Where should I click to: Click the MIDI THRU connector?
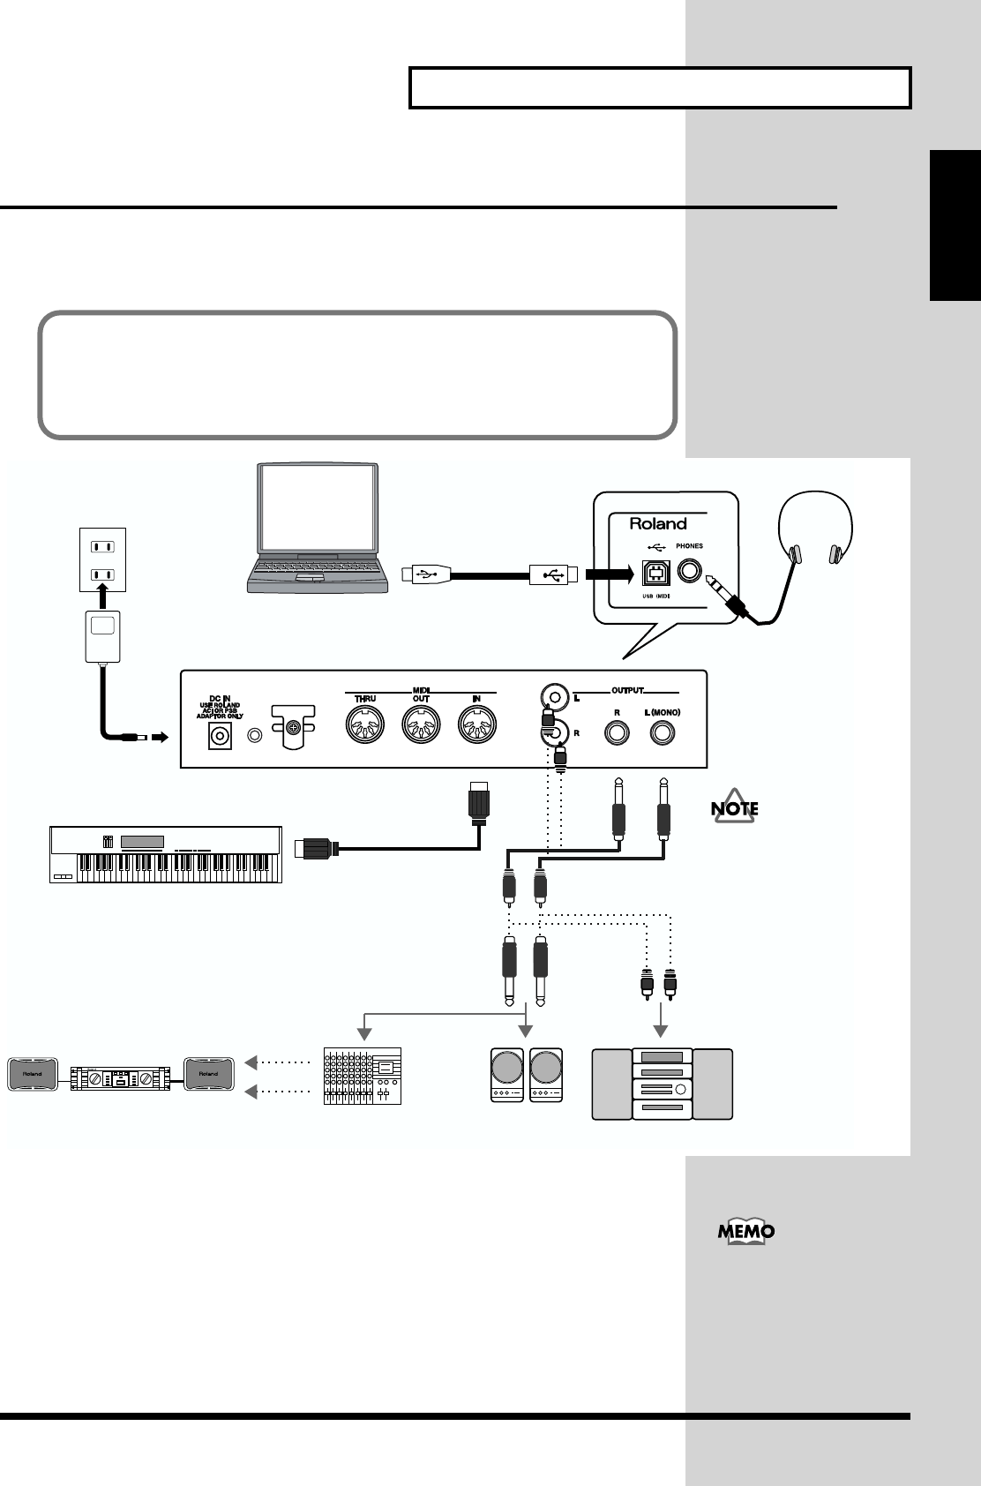pyautogui.click(x=364, y=727)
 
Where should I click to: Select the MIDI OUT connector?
pyautogui.click(x=421, y=727)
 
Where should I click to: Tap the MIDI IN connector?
pyautogui.click(x=477, y=727)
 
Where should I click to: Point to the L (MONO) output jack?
pyautogui.click(x=663, y=732)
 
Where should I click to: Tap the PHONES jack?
pyautogui.click(x=690, y=573)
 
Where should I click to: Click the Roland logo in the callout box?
pyautogui.click(x=657, y=523)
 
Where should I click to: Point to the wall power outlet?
pyautogui.click(x=102, y=559)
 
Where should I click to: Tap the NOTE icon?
pyautogui.click(x=735, y=808)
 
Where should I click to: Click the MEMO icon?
pyautogui.click(x=746, y=1232)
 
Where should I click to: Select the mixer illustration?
pyautogui.click(x=362, y=1076)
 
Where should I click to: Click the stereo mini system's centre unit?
pyautogui.click(x=663, y=1084)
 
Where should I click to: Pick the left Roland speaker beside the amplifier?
pyautogui.click(x=32, y=1074)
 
